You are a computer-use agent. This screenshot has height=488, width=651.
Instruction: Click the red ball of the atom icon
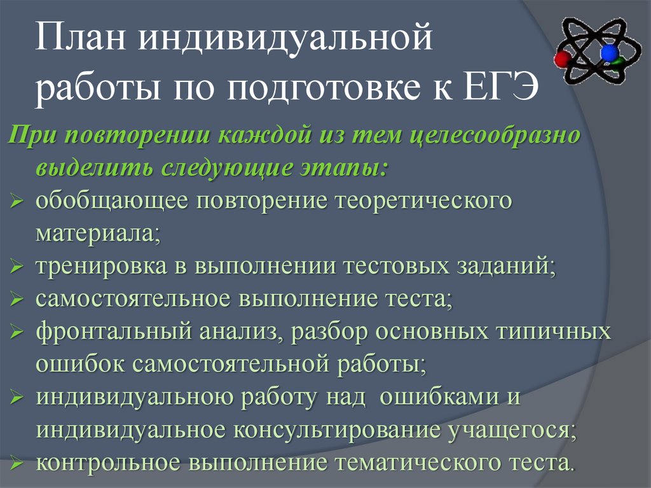(561, 60)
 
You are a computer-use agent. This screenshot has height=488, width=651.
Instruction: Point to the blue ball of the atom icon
(610, 52)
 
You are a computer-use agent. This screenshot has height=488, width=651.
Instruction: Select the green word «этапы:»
(344, 169)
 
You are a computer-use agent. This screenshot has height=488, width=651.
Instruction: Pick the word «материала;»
(99, 234)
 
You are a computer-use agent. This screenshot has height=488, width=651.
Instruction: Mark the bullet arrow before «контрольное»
(17, 463)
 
